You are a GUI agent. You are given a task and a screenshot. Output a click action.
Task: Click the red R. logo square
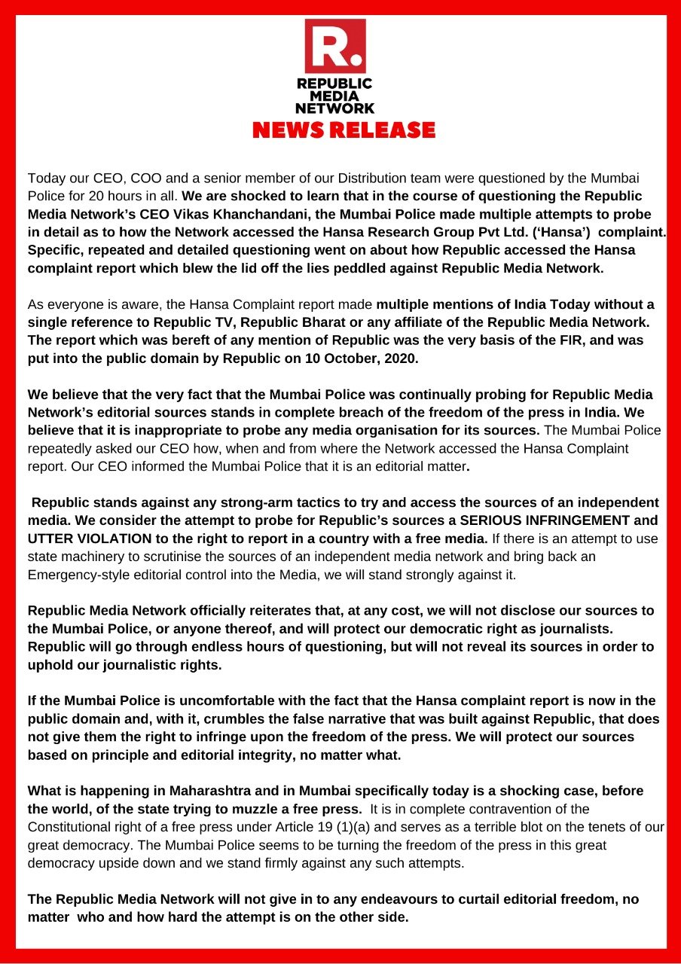tap(334, 46)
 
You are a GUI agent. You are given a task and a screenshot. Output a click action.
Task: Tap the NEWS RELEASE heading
tap(344, 130)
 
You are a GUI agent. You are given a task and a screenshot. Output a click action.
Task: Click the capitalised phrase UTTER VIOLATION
tap(90, 538)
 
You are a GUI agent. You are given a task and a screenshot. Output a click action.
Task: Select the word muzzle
tap(267, 809)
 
